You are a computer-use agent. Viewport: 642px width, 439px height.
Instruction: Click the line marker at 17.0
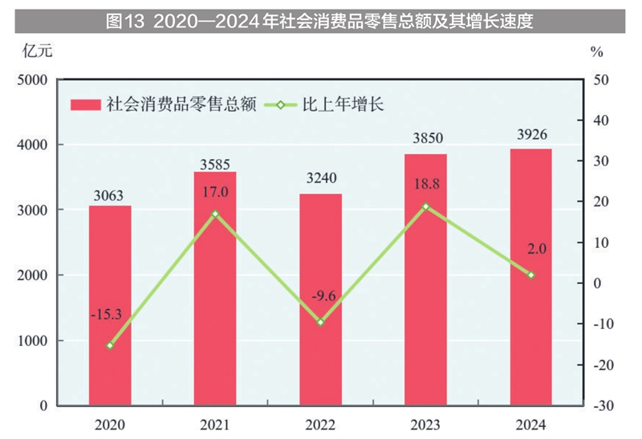[215, 213]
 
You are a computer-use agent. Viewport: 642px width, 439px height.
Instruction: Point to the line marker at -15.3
[110, 345]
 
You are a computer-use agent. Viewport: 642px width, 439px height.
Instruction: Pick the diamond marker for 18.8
[425, 206]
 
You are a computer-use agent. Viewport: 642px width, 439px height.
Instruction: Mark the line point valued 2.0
[530, 274]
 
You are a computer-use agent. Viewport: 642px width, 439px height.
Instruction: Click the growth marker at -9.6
[320, 322]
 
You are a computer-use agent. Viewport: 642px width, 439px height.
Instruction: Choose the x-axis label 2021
[215, 424]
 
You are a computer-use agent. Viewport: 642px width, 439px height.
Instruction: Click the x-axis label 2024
[530, 424]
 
